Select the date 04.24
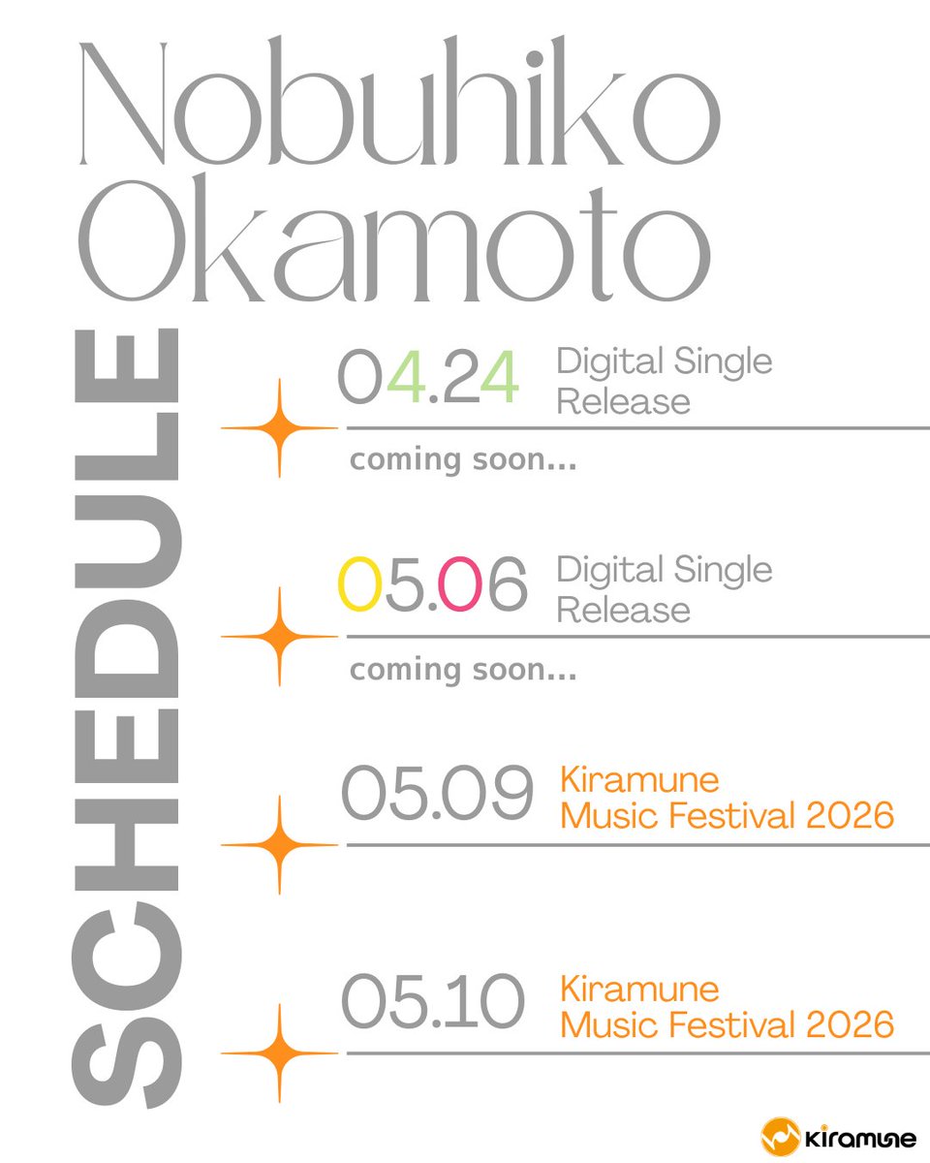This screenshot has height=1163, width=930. (428, 378)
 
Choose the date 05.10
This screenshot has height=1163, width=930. (433, 1003)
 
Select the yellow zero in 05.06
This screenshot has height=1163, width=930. (358, 585)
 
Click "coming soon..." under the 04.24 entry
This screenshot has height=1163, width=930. (463, 460)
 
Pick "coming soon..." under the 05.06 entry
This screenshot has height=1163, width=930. (463, 670)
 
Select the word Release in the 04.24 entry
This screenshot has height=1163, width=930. (623, 400)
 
